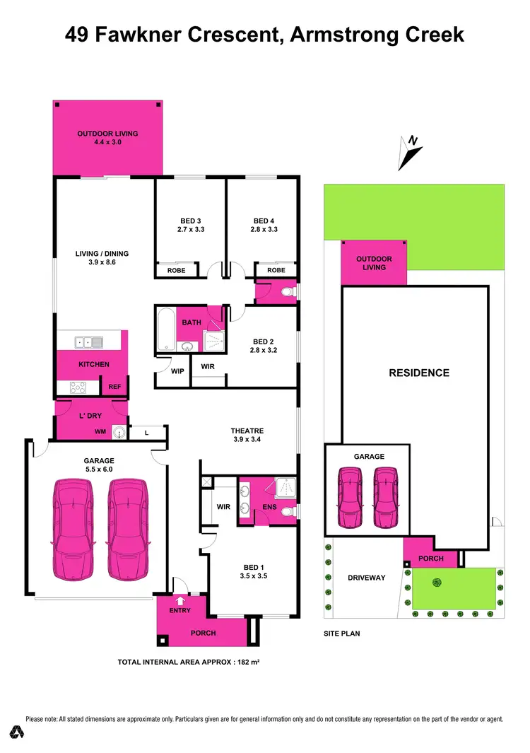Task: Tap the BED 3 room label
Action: [x=190, y=221]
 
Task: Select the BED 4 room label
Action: [x=263, y=221]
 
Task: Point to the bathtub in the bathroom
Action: [x=167, y=329]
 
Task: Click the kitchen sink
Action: [x=90, y=343]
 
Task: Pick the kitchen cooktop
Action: [x=78, y=387]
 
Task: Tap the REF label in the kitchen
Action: [x=114, y=387]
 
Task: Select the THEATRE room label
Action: [x=247, y=431]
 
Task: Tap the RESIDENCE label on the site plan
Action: [x=419, y=373]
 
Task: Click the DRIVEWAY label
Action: [x=367, y=578]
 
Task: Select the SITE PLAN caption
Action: [x=342, y=634]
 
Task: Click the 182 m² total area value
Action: [x=241, y=662]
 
